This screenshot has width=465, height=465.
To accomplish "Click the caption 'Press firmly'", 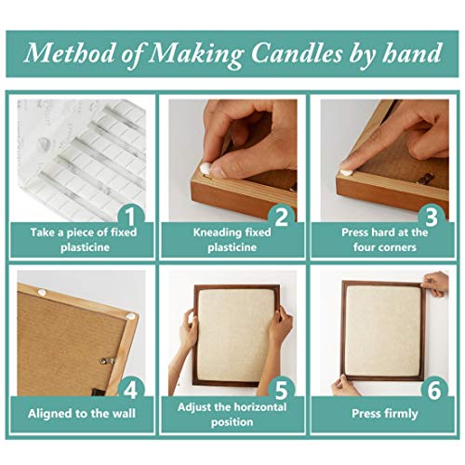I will click(x=384, y=413).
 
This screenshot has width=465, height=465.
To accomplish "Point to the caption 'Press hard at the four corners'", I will click(x=384, y=240).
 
